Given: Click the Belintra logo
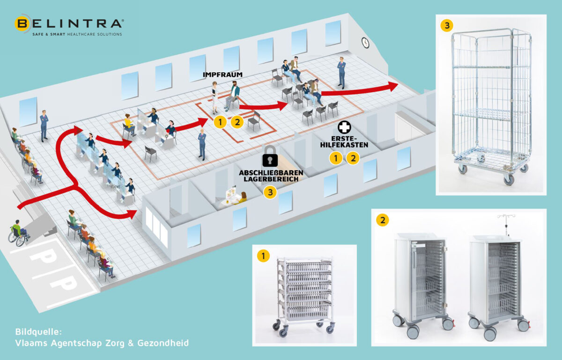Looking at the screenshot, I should coord(69,23).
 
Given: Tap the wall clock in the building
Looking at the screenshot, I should coord(365,43).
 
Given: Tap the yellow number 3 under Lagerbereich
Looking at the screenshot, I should coord(270,191).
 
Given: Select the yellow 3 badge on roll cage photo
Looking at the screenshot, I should coord(447,25).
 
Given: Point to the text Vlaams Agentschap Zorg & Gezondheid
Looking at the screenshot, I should coord(102,343).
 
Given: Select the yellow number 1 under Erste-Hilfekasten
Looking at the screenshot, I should coord(335,158).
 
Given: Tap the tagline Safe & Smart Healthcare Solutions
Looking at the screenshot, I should coord(77,34).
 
